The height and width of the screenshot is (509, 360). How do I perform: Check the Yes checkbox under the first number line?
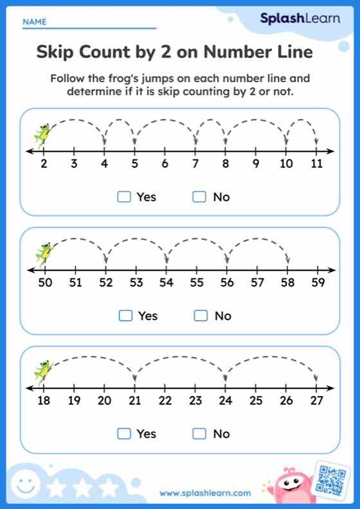coord(124,197)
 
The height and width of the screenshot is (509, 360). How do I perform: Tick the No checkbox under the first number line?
coord(199,197)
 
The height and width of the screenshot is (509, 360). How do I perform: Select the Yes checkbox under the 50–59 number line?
coord(126,316)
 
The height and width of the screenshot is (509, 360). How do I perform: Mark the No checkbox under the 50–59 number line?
coord(201,316)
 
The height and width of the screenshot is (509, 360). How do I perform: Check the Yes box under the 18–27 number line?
coord(124,434)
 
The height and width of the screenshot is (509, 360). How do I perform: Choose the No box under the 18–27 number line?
coord(199,434)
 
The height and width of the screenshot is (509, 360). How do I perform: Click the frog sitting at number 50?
coord(44,253)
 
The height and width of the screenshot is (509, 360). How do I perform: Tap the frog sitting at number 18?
coord(43,371)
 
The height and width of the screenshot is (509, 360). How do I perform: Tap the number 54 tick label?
coord(166,282)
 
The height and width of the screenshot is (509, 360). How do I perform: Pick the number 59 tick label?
coord(318,282)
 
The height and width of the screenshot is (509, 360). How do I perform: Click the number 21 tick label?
coord(134,401)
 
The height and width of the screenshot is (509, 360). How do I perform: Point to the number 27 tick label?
coord(316,401)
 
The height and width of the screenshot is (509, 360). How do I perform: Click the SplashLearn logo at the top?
coord(300,19)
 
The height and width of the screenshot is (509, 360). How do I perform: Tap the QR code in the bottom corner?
coord(332,479)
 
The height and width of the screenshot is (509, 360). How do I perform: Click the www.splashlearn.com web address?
coord(205,494)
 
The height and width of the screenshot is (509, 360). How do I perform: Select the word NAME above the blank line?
coord(35,22)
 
